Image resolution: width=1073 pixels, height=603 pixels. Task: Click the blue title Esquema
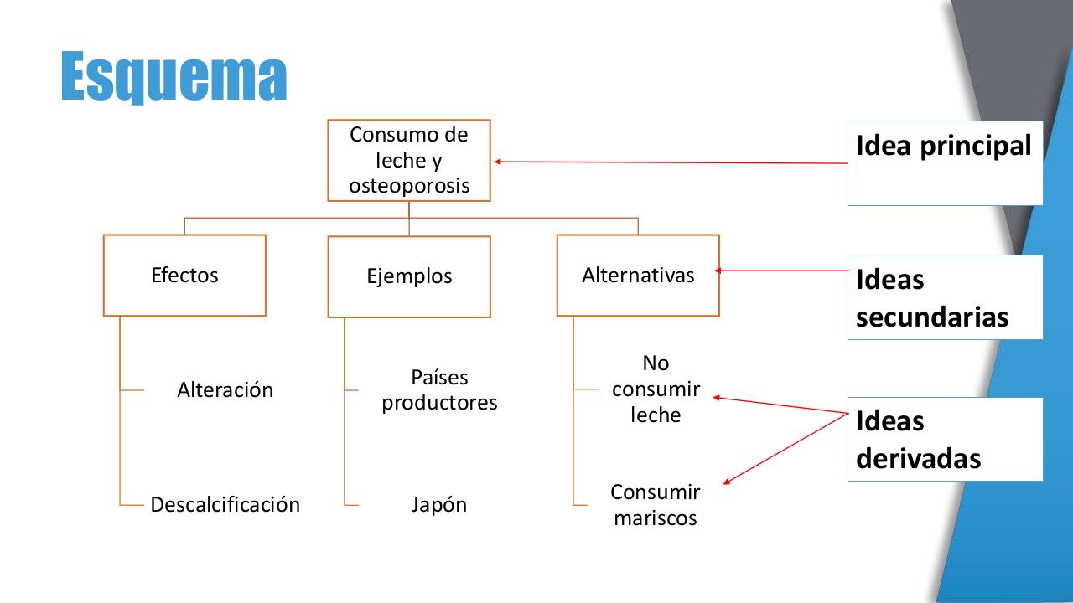[x=174, y=76]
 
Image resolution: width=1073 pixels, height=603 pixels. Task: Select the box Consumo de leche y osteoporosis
[x=408, y=160]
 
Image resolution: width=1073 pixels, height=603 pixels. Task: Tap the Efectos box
[x=184, y=276]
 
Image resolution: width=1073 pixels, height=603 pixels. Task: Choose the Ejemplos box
[x=409, y=276]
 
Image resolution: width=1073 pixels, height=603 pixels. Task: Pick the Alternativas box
[x=638, y=275]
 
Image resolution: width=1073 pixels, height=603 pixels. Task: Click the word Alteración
[x=225, y=389]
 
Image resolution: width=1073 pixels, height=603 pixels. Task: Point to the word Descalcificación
[x=225, y=504]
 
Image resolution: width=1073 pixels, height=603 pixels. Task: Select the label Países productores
[x=439, y=389]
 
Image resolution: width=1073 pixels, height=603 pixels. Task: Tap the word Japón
[x=438, y=504]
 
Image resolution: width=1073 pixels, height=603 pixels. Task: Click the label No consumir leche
[x=656, y=389]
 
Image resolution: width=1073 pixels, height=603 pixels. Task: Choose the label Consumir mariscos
[x=656, y=504]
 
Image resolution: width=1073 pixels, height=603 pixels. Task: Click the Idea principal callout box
[x=945, y=162]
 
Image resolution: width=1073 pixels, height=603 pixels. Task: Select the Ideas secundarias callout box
[x=945, y=297]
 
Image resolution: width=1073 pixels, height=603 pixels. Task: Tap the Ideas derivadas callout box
[x=945, y=439]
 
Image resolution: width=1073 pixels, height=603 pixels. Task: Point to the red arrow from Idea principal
[x=671, y=162]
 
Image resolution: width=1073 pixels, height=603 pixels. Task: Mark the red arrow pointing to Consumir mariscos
[x=784, y=448]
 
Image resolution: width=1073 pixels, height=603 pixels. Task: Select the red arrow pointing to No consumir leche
[x=780, y=405]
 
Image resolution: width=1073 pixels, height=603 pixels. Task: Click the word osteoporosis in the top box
[x=409, y=186]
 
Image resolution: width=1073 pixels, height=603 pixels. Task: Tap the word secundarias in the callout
[x=932, y=317]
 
